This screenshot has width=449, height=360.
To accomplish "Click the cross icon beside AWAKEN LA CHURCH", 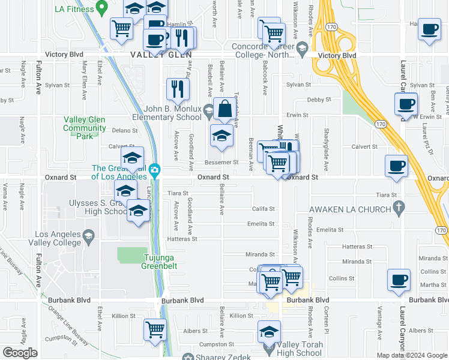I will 398,208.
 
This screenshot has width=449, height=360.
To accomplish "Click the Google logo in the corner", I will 20,353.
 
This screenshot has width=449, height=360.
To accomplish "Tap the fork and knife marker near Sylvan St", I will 177,88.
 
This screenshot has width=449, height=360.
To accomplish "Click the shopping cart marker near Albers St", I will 155,329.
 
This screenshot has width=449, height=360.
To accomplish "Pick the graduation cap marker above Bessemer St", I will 221,136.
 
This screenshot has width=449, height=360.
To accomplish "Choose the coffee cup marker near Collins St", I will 399,280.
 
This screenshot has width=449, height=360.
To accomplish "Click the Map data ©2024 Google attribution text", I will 411,355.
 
